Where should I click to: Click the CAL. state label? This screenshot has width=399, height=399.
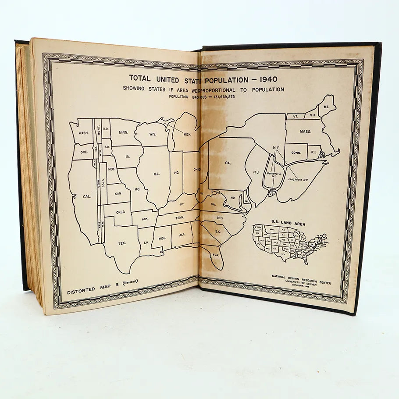pos(87,196)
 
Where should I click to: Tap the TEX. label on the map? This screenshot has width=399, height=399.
pos(122,242)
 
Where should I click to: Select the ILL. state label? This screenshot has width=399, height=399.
pos(157,174)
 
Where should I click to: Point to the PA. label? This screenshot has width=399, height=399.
pos(227,163)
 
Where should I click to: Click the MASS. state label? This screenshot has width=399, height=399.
pos(306,131)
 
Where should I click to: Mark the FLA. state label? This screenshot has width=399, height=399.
pos(216,254)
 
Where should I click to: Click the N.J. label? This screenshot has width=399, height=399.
pos(256,172)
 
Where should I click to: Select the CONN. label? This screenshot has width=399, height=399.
pos(297,153)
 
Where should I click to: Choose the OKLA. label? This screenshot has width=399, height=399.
pos(120,211)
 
